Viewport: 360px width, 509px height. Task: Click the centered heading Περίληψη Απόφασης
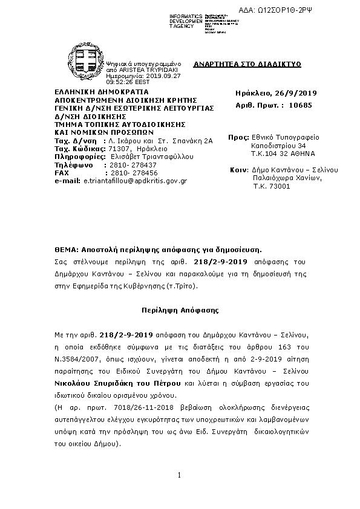(180, 309)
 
